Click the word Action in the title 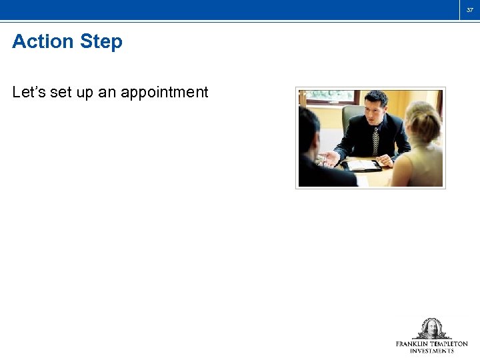pos(43,42)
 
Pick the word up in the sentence pos(85,93)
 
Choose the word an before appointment pos(107,93)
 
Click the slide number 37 pos(469,9)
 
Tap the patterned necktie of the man pos(376,141)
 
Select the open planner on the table pos(364,165)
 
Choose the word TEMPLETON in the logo pos(451,344)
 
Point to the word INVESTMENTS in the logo pos(432,351)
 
